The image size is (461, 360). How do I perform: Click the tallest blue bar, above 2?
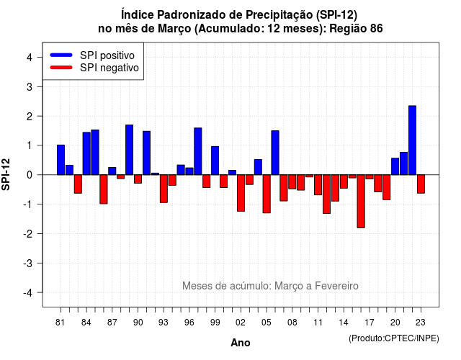(413, 140)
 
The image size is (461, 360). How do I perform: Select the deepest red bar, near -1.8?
(361, 202)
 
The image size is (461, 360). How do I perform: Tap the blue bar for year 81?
(61, 160)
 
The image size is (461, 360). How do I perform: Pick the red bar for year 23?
(421, 184)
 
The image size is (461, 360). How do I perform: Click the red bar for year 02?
(241, 193)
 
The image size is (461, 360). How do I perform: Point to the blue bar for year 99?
(215, 161)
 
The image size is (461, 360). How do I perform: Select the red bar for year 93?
(164, 189)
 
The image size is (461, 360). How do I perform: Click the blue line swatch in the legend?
(61, 55)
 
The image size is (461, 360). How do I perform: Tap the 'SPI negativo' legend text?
(109, 68)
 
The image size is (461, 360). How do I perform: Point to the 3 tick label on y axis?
(30, 87)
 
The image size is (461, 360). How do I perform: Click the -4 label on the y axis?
(28, 293)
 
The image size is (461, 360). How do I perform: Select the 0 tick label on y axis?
(30, 175)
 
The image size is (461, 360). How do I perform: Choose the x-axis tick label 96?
(189, 323)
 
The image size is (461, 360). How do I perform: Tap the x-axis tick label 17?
(370, 323)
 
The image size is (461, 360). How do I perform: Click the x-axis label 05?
(267, 323)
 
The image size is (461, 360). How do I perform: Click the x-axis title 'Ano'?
(241, 343)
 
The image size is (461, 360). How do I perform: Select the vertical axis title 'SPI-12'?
(6, 174)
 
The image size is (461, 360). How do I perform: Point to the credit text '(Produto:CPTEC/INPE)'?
(394, 338)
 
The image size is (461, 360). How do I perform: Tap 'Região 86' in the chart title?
(356, 29)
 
